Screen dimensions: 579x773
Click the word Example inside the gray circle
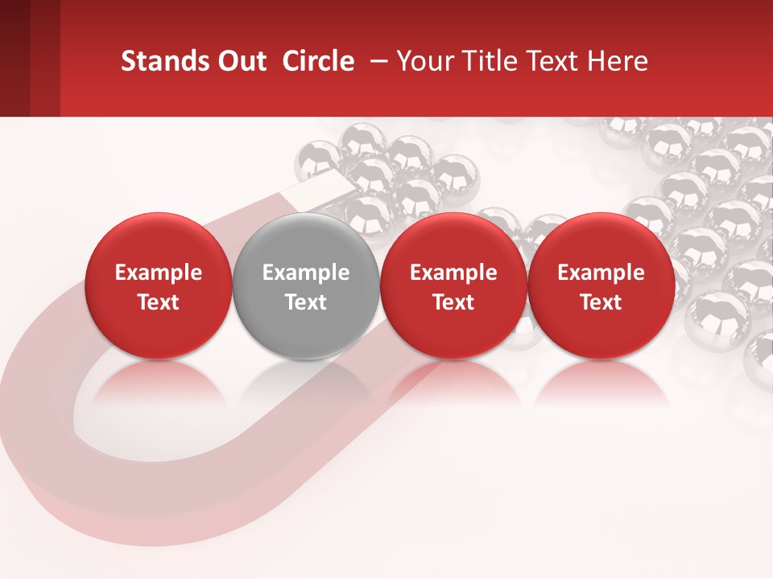[305, 273]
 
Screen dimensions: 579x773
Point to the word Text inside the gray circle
[305, 302]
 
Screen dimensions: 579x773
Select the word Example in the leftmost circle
[158, 273]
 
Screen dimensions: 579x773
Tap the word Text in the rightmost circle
[601, 302]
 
